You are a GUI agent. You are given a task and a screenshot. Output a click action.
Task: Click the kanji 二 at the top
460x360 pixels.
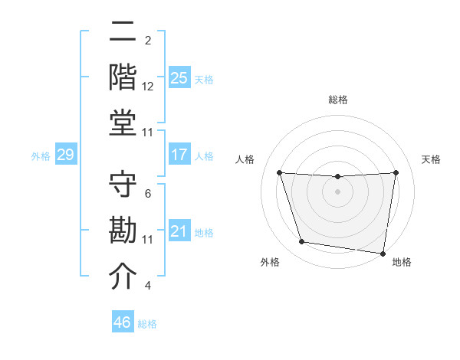point(124,34)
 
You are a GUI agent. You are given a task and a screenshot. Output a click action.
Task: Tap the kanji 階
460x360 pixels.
point(124,77)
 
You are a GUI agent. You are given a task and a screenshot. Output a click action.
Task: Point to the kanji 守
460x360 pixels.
point(124,188)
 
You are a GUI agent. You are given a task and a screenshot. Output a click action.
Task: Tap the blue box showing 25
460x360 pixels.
point(179,77)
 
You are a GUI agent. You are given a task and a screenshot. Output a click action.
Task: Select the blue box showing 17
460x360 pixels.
point(179,155)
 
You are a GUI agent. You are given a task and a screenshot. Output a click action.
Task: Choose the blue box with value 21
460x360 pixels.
point(179,231)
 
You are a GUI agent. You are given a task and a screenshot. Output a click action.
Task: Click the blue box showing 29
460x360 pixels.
point(65,155)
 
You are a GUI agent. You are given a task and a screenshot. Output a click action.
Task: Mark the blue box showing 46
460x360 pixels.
point(123,322)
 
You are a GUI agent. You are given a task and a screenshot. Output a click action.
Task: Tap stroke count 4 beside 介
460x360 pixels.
point(148,286)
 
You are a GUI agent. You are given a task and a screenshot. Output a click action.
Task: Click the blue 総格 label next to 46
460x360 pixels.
point(147,324)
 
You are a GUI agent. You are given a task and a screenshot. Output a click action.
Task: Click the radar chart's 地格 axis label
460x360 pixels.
point(402,263)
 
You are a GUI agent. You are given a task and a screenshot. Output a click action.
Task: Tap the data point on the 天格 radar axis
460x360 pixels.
point(396,172)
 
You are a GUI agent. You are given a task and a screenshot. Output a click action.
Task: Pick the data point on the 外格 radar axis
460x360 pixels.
point(302,242)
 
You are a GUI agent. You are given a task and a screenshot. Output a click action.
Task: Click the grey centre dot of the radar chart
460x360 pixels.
point(337,191)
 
